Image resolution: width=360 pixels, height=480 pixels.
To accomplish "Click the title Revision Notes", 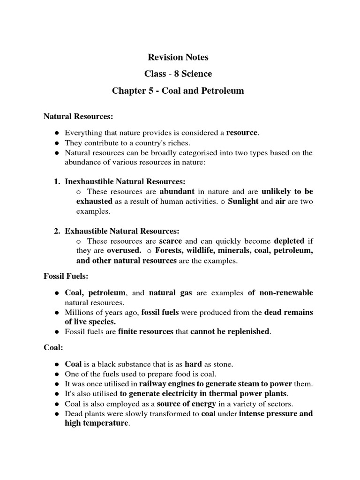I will pos(178,58).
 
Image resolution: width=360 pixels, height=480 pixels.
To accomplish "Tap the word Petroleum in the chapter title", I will pos(222,90).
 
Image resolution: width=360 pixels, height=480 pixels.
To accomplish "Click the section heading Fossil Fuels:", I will pos(66,277).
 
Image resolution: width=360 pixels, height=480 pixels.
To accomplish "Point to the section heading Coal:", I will pos(53,348).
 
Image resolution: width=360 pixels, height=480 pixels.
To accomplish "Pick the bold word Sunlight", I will pos(243,202).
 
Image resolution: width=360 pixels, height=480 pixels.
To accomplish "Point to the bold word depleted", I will pos(289,241).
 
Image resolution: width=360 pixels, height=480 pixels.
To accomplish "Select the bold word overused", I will pos(124,251).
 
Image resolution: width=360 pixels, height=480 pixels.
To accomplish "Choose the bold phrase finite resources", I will pos(146,332).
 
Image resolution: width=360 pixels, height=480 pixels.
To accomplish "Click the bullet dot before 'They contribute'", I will pos(56,143).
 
